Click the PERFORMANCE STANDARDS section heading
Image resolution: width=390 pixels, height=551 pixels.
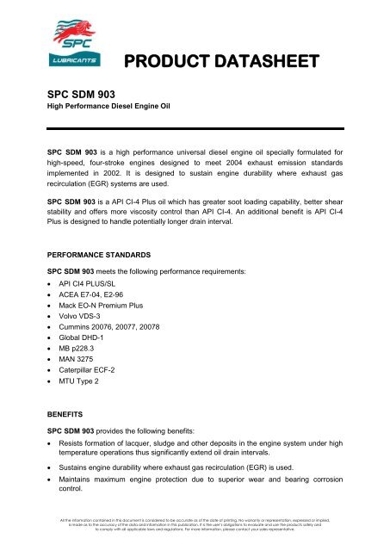click(103, 255)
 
